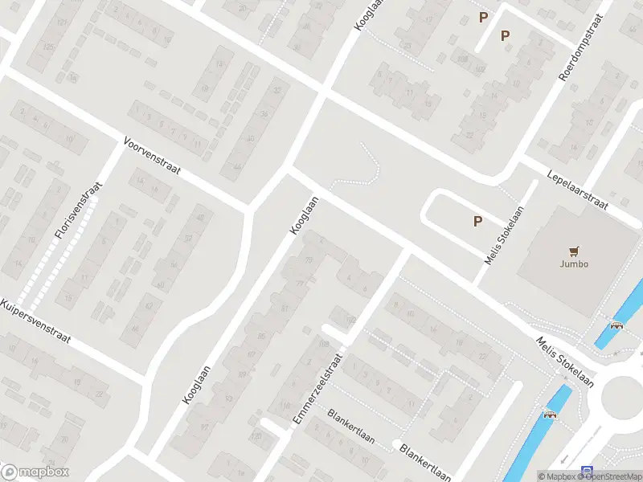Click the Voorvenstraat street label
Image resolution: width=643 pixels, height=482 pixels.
click(x=153, y=157)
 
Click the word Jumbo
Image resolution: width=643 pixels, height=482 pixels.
click(x=574, y=263)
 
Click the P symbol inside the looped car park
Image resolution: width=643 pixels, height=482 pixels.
click(x=477, y=221)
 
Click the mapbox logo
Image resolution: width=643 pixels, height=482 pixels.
click(x=35, y=472)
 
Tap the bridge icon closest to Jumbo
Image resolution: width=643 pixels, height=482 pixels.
click(x=616, y=325)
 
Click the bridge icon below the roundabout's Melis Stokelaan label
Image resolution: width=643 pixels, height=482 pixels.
click(x=550, y=415)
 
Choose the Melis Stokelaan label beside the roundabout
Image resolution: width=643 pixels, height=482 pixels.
click(x=565, y=361)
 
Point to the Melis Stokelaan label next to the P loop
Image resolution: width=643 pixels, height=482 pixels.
click(x=504, y=235)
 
